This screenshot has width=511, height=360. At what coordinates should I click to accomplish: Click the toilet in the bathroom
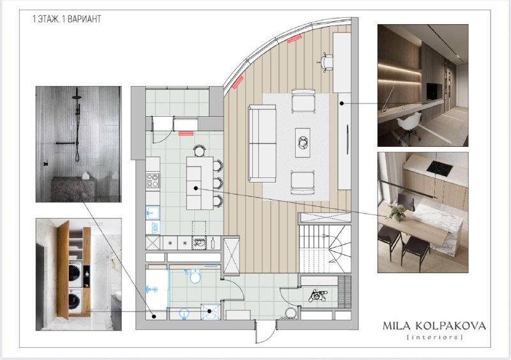tap(195, 276)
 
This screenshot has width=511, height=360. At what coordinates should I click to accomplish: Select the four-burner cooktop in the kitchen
tap(153, 181)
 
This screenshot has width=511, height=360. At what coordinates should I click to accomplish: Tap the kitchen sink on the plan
tap(152, 213)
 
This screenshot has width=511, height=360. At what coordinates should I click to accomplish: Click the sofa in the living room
tap(262, 143)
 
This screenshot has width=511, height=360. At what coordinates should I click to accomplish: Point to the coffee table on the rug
tap(303, 143)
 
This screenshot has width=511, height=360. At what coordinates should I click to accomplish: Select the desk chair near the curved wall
tap(326, 61)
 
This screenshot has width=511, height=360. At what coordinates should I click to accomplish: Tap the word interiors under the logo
tap(435, 337)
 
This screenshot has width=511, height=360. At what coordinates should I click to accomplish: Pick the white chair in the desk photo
tap(408, 126)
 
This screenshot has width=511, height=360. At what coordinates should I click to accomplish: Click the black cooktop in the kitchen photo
tap(439, 167)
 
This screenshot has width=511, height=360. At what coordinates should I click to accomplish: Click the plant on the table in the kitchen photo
tap(398, 212)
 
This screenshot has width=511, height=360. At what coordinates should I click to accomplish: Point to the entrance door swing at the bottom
tap(264, 333)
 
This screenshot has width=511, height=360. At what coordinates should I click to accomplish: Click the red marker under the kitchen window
tap(186, 133)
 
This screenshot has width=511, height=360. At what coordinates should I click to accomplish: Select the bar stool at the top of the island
tap(199, 151)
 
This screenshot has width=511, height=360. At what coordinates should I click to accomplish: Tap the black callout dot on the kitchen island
tap(195, 188)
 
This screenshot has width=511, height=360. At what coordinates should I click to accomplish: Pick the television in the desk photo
tap(434, 91)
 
